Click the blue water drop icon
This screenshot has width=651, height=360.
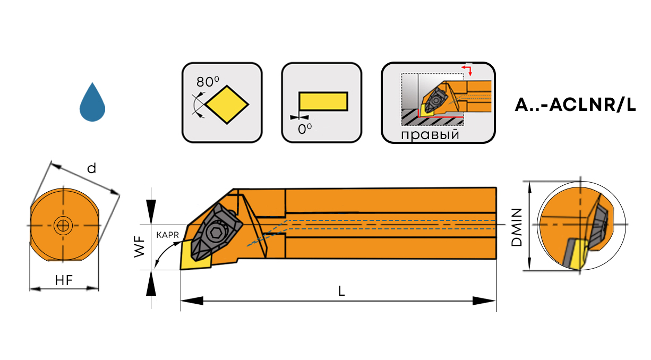coord(92,102)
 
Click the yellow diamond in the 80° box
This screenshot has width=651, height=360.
coord(227,105)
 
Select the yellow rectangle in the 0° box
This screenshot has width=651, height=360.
coord(323,101)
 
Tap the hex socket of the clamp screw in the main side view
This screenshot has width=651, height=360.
coord(215,232)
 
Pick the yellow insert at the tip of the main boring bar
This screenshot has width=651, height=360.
coord(195,254)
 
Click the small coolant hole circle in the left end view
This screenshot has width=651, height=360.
coord(63,226)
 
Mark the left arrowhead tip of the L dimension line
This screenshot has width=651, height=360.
coord(181,301)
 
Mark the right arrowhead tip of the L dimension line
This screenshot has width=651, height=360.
coord(496,301)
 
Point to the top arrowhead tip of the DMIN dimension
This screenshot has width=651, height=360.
coord(529,182)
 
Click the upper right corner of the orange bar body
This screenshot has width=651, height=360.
coord(496,188)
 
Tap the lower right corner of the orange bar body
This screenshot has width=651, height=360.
coord(496,259)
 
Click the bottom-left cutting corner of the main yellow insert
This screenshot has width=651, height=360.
coord(181,270)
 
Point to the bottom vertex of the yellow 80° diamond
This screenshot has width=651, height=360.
coord(227,124)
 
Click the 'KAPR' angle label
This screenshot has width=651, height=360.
coord(167,235)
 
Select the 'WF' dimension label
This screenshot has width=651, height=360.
coord(140,247)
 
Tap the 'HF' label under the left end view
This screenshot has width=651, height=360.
coord(64,280)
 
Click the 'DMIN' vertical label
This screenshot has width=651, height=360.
coord(517,227)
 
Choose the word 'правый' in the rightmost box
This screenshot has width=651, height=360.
coord(430,135)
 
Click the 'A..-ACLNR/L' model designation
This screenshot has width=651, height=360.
coord(575,105)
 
